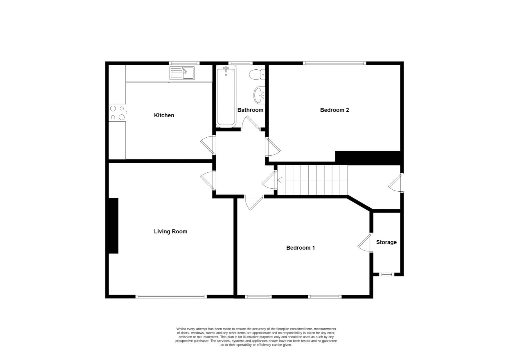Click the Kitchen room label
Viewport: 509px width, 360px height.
point(164,115)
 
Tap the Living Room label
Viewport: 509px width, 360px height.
point(171,231)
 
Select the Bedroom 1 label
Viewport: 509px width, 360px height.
point(300,248)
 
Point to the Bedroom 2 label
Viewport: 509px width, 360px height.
point(334,110)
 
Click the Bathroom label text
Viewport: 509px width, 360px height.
point(250,110)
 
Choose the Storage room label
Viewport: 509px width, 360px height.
point(386,242)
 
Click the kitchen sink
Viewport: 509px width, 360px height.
point(182,73)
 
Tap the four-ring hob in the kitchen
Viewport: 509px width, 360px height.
point(117,113)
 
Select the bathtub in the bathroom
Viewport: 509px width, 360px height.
point(226,96)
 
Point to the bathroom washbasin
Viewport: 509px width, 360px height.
point(259,95)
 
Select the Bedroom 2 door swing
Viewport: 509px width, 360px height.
point(273,147)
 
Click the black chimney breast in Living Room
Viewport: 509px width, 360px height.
point(113,226)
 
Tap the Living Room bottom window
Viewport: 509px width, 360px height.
point(171,296)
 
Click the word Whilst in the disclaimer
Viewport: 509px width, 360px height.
point(181,329)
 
